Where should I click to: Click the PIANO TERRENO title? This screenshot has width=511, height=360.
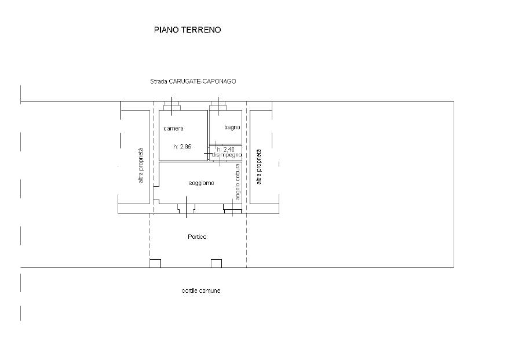point(187,30)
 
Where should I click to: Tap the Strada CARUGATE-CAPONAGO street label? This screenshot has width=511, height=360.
point(193,81)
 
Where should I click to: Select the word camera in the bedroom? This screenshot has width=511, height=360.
point(173,129)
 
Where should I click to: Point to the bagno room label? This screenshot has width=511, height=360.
point(232,127)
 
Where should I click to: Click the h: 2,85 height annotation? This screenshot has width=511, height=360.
point(182,147)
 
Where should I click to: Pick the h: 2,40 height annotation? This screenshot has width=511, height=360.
point(226,150)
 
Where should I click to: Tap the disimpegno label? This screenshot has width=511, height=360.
point(227,155)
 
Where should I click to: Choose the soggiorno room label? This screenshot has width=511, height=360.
point(202,183)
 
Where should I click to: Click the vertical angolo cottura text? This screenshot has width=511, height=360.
point(238,182)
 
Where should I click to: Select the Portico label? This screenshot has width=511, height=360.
point(197,237)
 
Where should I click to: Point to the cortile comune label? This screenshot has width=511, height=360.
point(201,290)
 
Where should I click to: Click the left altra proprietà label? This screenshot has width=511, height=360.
point(140,166)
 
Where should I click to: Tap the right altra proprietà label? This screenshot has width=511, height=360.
point(259,166)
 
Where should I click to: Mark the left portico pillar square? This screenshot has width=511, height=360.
point(155,263)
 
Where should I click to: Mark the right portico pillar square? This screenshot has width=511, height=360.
point(217,263)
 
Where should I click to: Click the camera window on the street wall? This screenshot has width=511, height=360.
point(171,106)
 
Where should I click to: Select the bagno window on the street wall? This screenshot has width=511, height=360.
point(218,106)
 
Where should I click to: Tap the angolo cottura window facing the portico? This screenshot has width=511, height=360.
point(232,209)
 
